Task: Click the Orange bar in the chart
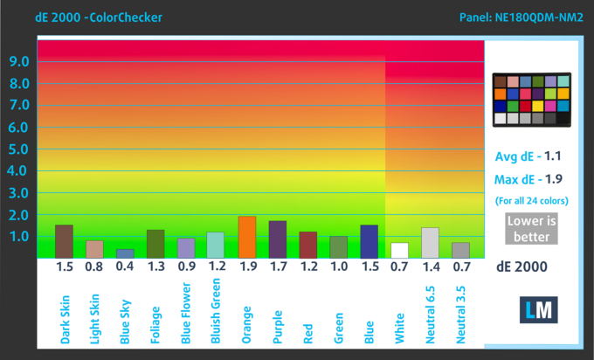click(247, 237)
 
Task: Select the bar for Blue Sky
click(125, 253)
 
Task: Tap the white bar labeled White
click(399, 250)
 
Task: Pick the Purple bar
click(278, 239)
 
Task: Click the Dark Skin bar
click(64, 240)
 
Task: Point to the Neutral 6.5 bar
click(430, 242)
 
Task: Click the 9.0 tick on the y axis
click(19, 61)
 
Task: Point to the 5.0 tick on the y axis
click(19, 149)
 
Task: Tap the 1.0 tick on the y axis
click(19, 236)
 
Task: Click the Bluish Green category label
click(217, 309)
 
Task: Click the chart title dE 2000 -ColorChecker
click(86, 17)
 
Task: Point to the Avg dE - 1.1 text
click(529, 157)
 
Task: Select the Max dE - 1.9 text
click(529, 180)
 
